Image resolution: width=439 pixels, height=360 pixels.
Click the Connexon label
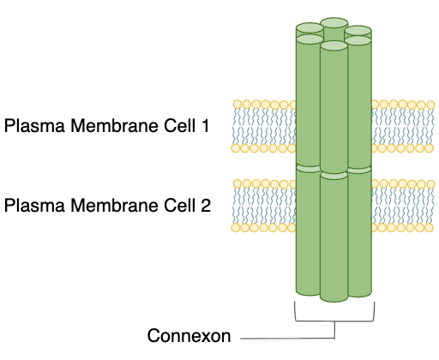(189, 336)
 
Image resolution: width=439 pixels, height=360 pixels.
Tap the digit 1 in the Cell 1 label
(205, 127)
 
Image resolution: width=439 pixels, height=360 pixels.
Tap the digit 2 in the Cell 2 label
(206, 206)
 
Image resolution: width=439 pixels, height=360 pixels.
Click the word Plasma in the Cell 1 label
(32, 127)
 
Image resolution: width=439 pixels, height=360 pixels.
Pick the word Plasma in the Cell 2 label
(32, 206)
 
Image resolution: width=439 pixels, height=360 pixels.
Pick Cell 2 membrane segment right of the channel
(403, 205)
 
